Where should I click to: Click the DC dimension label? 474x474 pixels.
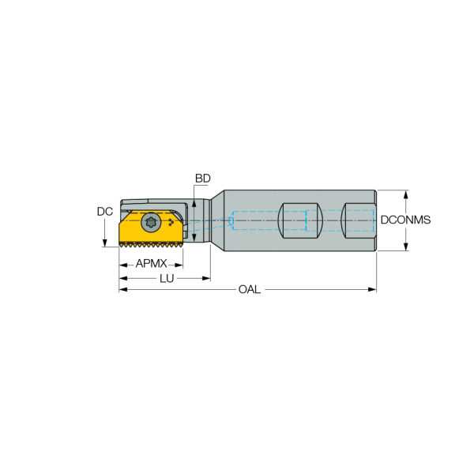click(x=104, y=212)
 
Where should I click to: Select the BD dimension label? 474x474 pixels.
click(x=203, y=179)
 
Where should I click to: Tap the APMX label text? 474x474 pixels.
click(x=151, y=263)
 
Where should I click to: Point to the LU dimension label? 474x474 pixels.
click(x=167, y=278)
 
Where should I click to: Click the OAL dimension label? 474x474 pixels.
click(x=248, y=290)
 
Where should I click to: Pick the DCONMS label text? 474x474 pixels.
click(x=405, y=220)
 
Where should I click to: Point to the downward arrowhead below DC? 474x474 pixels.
click(x=104, y=242)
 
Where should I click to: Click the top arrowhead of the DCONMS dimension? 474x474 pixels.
click(x=405, y=194)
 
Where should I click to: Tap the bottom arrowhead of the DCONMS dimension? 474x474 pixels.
click(x=405, y=246)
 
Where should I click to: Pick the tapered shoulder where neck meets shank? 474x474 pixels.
click(x=215, y=220)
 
